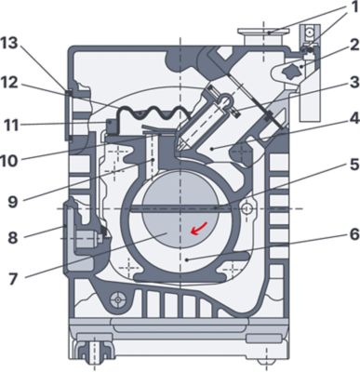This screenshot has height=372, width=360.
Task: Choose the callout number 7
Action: pyautogui.click(x=13, y=278)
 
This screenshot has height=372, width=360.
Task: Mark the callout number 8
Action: pyautogui.click(x=13, y=238)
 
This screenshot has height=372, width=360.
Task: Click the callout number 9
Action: pyautogui.click(x=13, y=201)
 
